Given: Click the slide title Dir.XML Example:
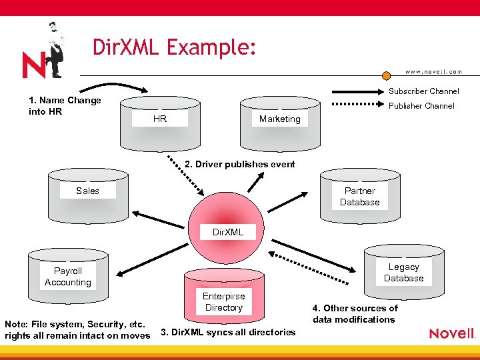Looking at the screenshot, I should click(174, 48).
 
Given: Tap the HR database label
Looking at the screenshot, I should click(160, 119).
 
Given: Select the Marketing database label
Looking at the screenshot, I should click(279, 119).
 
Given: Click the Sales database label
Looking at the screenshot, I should click(87, 191).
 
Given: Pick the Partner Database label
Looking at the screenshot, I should click(359, 197).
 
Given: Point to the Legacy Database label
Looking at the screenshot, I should click(403, 273).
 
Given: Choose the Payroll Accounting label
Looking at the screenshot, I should click(68, 277).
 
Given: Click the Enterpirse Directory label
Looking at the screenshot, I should click(224, 302).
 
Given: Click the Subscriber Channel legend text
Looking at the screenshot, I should click(424, 91).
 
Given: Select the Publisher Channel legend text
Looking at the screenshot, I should click(421, 106).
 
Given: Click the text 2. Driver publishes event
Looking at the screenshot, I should click(239, 164).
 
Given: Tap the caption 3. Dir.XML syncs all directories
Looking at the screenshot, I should click(228, 332).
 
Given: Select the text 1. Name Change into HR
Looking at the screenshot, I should click(65, 106).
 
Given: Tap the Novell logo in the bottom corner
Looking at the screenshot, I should click(452, 333).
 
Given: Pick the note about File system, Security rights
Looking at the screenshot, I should click(77, 330).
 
